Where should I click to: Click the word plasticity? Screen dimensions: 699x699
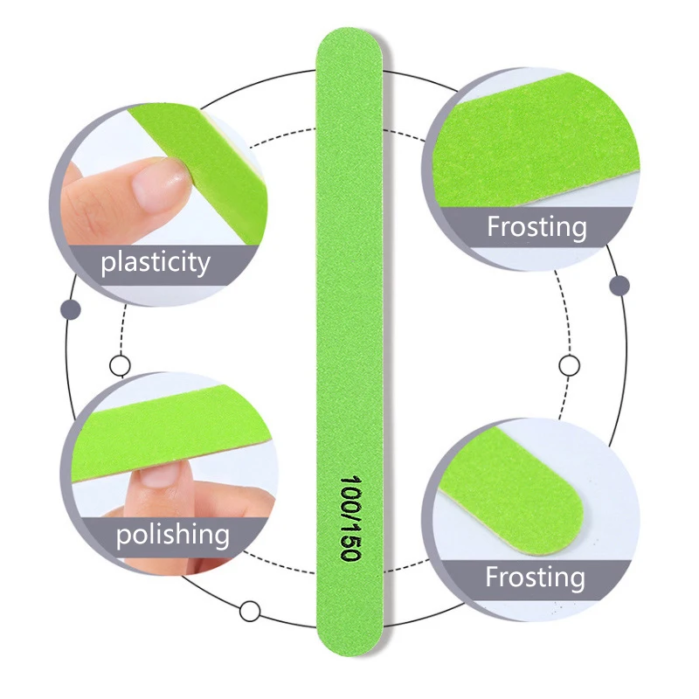156,262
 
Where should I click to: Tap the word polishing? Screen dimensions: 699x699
173,534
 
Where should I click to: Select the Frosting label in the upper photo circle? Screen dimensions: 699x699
536,227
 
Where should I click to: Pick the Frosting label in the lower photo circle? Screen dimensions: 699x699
535,578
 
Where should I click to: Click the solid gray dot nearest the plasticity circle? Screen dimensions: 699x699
71,309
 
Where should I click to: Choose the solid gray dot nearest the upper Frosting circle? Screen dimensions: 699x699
619,286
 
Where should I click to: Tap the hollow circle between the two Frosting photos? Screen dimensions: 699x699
569,365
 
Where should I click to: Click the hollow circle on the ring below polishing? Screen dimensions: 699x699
250,611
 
